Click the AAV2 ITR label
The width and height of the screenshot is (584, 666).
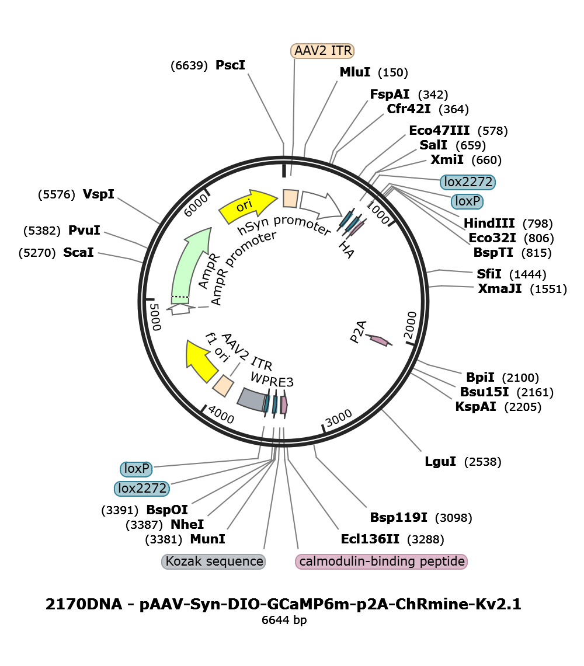tap(322, 51)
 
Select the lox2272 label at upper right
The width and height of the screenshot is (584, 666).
tap(468, 182)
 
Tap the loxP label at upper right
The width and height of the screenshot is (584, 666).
tap(467, 201)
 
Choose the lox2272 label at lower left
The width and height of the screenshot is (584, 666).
tap(142, 488)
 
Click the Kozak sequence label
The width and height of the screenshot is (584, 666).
tap(214, 562)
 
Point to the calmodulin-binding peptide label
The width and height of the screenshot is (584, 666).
tap(382, 562)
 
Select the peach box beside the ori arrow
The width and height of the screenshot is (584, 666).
tap(290, 198)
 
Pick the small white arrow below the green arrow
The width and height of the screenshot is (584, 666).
tap(180, 308)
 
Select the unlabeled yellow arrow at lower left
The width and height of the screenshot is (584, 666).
tap(201, 361)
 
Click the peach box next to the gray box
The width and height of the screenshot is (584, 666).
tap(223, 385)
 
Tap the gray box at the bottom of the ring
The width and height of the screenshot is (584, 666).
tap(252, 399)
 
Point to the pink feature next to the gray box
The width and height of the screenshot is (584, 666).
tap(284, 405)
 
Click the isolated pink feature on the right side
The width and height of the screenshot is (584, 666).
tap(379, 340)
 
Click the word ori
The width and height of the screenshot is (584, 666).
tap(244, 206)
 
